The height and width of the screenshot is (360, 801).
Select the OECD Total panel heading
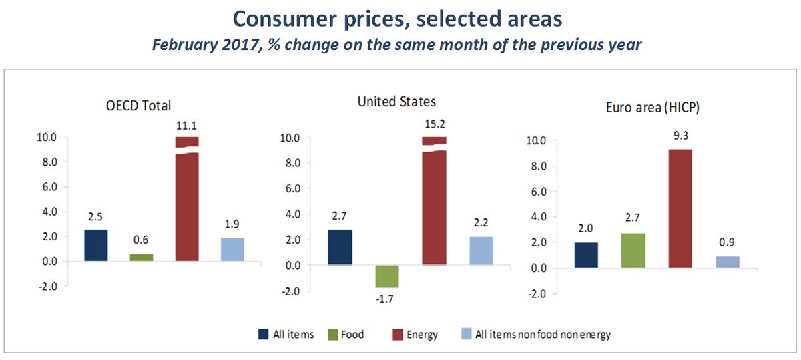tap(138, 105)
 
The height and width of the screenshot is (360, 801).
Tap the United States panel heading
tap(396, 102)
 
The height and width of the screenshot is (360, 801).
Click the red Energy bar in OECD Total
tap(187, 200)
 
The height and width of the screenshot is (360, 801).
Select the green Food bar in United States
tap(386, 276)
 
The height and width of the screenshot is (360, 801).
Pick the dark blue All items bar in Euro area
tap(586, 255)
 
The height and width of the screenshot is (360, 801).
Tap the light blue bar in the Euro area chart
tap(727, 262)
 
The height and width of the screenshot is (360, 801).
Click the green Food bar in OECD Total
tap(141, 257)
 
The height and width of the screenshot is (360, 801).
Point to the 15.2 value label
tap(434, 124)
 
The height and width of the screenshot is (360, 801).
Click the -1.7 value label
tap(386, 299)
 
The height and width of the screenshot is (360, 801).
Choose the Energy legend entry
tap(415, 334)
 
